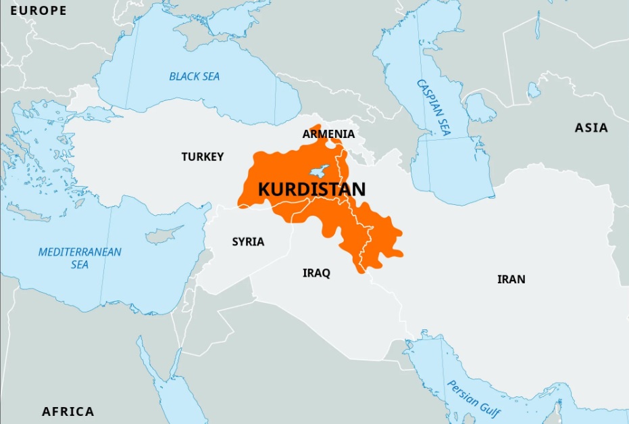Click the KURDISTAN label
pyautogui.click(x=311, y=189)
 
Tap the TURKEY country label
pyautogui.click(x=202, y=157)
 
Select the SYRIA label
pyautogui.click(x=248, y=241)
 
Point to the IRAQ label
pyautogui.click(x=316, y=273)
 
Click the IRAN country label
pyautogui.click(x=511, y=279)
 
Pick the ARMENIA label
pyautogui.click(x=328, y=135)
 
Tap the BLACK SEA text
pyautogui.click(x=195, y=76)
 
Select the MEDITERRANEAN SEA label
pyautogui.click(x=80, y=258)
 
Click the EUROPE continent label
pyautogui.click(x=39, y=11)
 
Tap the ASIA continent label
pyautogui.click(x=591, y=128)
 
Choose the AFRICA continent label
pyautogui.click(x=68, y=411)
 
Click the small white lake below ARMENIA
pyautogui.click(x=331, y=143)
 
